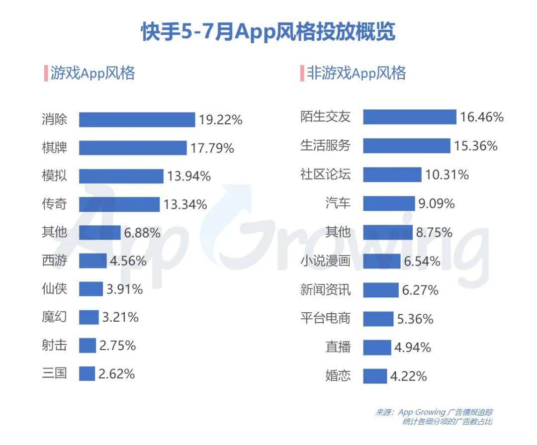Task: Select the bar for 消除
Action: click(x=137, y=120)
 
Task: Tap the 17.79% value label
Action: click(x=212, y=148)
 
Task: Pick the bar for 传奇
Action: click(x=119, y=204)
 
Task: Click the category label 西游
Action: click(x=54, y=261)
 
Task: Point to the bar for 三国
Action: click(x=87, y=373)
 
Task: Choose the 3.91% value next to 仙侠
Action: click(x=124, y=289)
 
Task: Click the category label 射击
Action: click(x=54, y=345)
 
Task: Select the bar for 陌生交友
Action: click(x=409, y=117)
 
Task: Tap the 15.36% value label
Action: click(x=475, y=146)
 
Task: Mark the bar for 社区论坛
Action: click(x=392, y=175)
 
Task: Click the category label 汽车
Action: click(x=338, y=203)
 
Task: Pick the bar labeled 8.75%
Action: click(x=387, y=232)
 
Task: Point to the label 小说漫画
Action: click(x=326, y=261)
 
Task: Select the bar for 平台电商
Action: click(x=378, y=319)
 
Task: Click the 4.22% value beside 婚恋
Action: click(x=408, y=376)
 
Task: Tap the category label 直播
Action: click(x=338, y=347)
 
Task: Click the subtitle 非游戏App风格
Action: click(x=356, y=73)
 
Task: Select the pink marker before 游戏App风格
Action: click(x=45, y=73)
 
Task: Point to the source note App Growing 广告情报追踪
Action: click(x=435, y=412)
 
